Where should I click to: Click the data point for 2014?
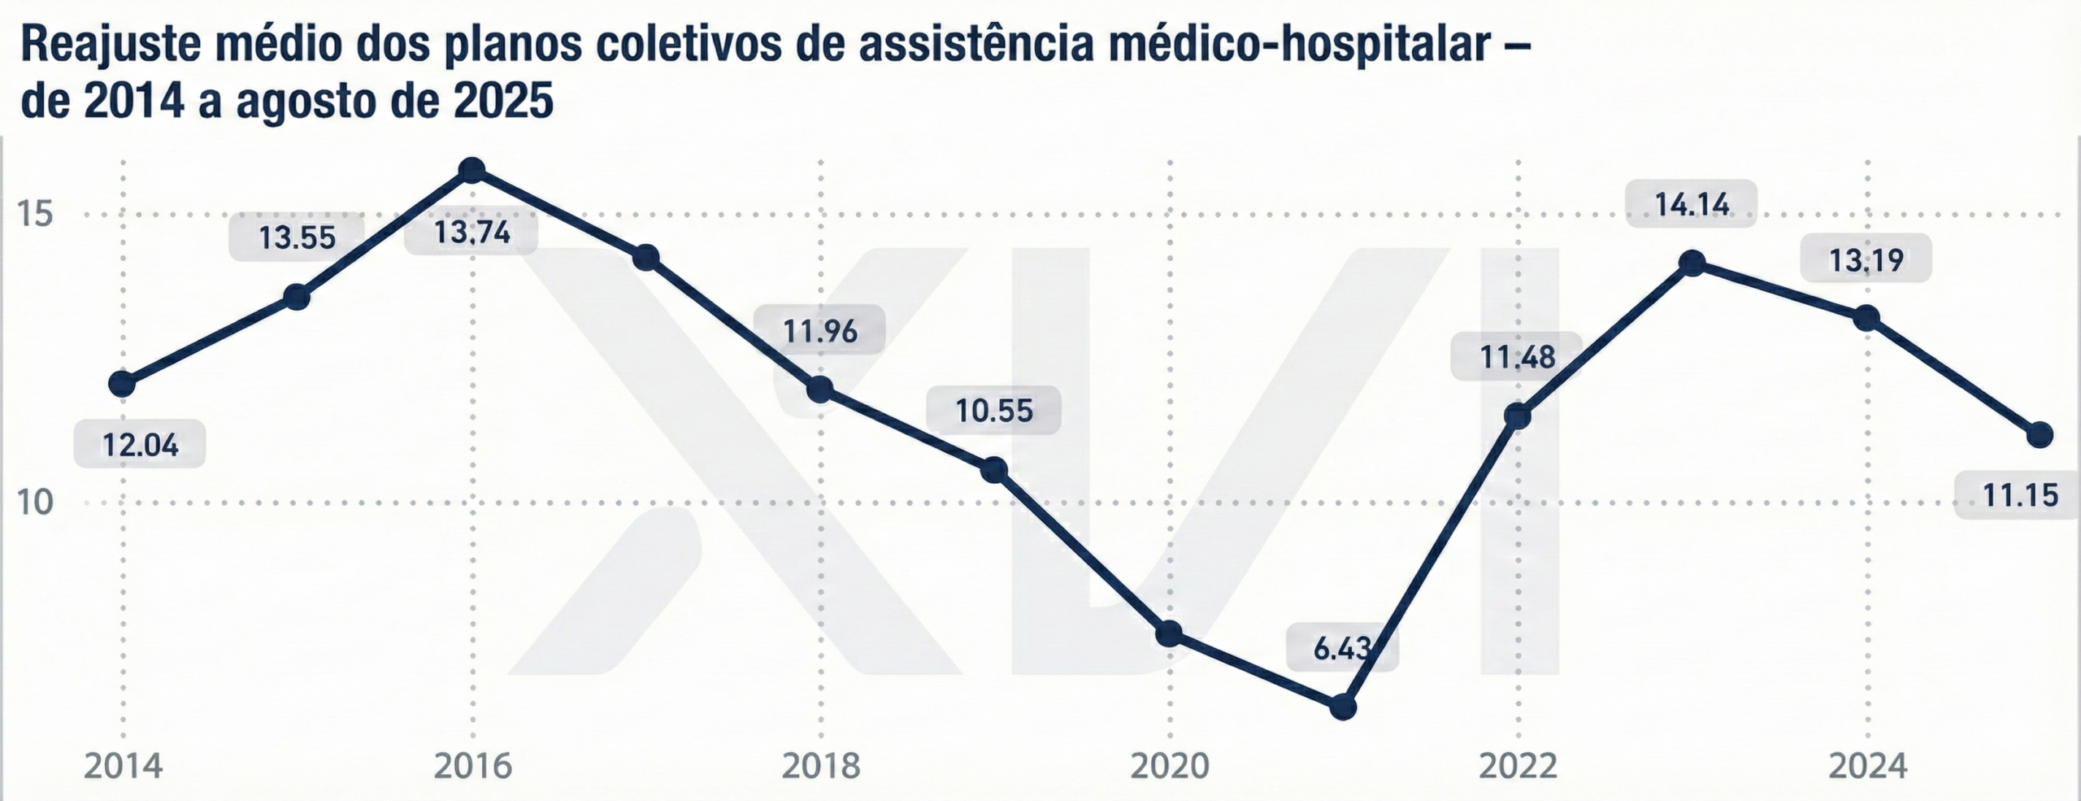pyautogui.click(x=123, y=383)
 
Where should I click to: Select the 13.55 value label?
pyautogui.click(x=297, y=237)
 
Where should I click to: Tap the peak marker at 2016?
pyautogui.click(x=472, y=170)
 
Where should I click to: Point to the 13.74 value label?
pyautogui.click(x=471, y=233)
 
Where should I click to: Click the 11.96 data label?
pyautogui.click(x=819, y=331)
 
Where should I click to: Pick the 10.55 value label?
pyautogui.click(x=994, y=411)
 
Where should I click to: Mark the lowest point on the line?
pyautogui.click(x=1343, y=707)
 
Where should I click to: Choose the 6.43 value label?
pyautogui.click(x=1342, y=649)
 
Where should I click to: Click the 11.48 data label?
pyautogui.click(x=1517, y=357)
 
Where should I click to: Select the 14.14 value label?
pyautogui.click(x=1692, y=204)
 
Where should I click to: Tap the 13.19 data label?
pyautogui.click(x=1866, y=259)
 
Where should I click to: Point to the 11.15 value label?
pyautogui.click(x=2021, y=494)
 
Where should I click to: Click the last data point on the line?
pyautogui.click(x=2040, y=435)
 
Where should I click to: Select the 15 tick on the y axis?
pyautogui.click(x=35, y=215)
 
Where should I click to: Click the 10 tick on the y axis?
pyautogui.click(x=35, y=503)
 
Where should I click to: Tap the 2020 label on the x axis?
pyautogui.click(x=1170, y=766)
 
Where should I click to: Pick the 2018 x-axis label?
pyautogui.click(x=820, y=766)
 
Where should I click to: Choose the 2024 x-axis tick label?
pyautogui.click(x=1867, y=766)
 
